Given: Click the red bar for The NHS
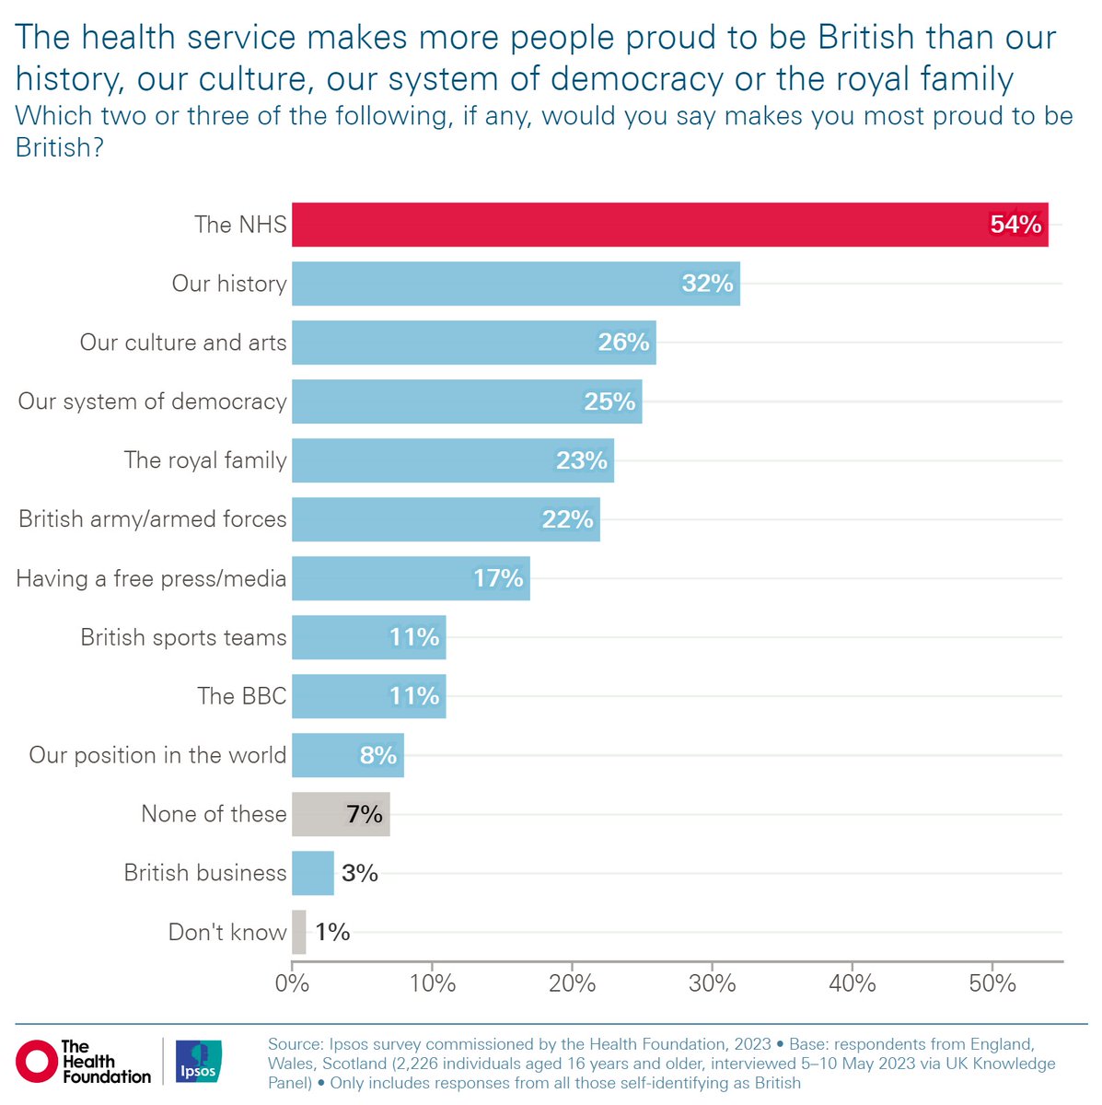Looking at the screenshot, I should click(644, 225).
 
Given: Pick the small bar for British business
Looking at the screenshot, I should click(313, 873).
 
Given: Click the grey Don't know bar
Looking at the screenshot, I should click(299, 932).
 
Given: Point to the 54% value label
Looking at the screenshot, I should click(1015, 225).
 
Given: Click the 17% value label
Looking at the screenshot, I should click(498, 578).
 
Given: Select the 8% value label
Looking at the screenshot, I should click(378, 755).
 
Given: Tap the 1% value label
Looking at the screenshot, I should click(332, 932).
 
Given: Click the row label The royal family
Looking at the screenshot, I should click(205, 460).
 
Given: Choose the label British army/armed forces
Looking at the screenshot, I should click(153, 519).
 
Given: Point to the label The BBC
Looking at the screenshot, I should click(242, 696).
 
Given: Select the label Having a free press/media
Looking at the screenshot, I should click(151, 578).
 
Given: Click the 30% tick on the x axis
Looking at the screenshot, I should click(713, 983).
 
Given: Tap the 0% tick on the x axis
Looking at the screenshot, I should click(292, 983).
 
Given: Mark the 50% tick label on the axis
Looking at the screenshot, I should click(992, 983).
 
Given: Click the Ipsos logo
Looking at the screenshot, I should click(198, 1061).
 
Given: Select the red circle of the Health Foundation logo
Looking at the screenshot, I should click(37, 1061).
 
